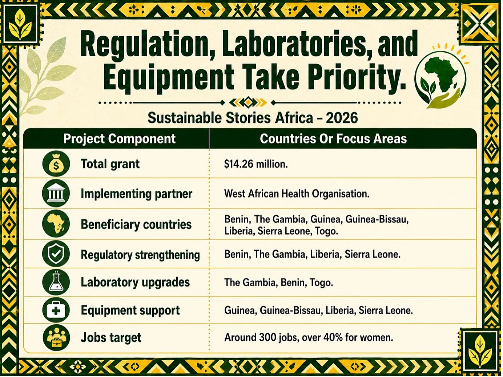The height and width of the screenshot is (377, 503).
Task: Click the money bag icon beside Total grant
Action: (x=56, y=164)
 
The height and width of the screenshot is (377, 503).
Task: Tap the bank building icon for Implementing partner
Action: (x=56, y=194)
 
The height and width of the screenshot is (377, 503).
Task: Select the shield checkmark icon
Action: (x=56, y=254)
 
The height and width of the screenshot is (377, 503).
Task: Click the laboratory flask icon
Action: (x=56, y=282)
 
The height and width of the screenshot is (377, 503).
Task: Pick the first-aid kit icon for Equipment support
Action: (x=56, y=311)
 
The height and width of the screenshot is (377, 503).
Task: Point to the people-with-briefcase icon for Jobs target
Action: (x=56, y=338)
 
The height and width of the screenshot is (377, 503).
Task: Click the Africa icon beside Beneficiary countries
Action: (x=56, y=224)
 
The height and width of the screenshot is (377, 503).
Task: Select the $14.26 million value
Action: (x=256, y=164)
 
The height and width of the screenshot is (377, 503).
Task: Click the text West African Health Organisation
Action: (x=297, y=194)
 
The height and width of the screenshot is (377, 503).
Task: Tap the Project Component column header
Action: (x=120, y=139)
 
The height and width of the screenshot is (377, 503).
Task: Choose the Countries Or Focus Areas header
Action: (x=333, y=139)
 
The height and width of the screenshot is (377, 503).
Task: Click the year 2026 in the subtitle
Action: (x=342, y=118)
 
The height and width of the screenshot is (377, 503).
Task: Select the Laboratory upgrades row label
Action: (x=135, y=283)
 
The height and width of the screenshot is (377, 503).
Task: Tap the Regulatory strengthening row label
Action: (x=140, y=255)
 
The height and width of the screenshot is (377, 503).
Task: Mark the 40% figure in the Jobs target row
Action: (x=333, y=337)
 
